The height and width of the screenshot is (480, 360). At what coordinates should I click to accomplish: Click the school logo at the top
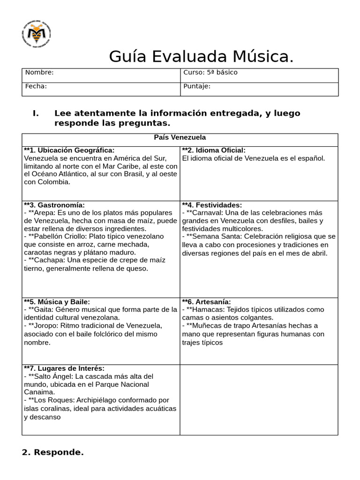click(37, 34)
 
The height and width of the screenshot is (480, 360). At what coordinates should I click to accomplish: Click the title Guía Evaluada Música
click(201, 56)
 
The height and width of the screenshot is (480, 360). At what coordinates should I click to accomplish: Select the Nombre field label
click(39, 73)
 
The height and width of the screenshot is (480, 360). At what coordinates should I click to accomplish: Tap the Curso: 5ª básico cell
click(210, 73)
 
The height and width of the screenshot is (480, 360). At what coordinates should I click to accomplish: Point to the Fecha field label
click(36, 86)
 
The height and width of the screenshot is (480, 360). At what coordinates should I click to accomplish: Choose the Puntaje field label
click(197, 86)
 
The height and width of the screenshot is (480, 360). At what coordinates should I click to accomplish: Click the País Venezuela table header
click(180, 137)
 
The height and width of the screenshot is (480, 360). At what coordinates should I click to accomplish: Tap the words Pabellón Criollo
click(59, 237)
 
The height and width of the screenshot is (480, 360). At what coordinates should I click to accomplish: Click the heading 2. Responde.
click(53, 453)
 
